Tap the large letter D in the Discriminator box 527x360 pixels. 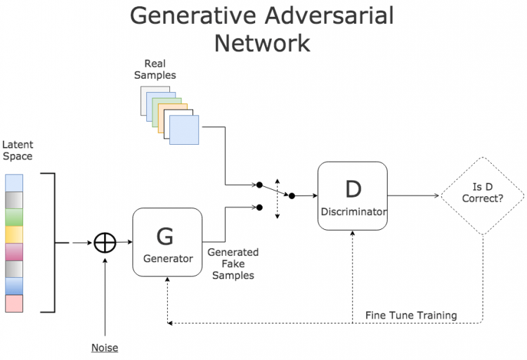click(x=352, y=188)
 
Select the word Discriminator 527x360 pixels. click(x=352, y=212)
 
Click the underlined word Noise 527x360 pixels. click(x=104, y=347)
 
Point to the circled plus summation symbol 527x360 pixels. click(x=105, y=243)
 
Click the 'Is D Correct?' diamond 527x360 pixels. click(x=482, y=195)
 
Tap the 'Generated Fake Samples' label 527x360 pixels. click(x=233, y=264)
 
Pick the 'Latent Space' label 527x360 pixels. click(x=18, y=150)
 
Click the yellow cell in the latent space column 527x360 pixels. click(x=14, y=234)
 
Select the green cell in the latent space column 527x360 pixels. click(x=14, y=217)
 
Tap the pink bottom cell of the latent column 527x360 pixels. click(x=14, y=303)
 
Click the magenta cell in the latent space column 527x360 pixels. click(x=14, y=251)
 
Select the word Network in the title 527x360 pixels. click(x=261, y=44)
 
